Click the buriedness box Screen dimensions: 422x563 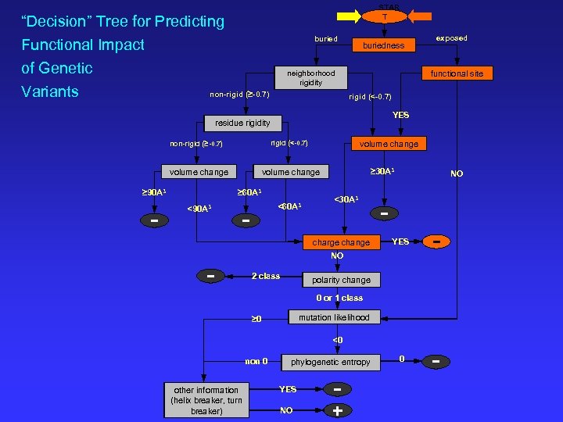383,45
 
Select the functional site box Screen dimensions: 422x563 457,73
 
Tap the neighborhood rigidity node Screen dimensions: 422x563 310,78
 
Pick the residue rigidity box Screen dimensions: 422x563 242,123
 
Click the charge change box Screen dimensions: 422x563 341,242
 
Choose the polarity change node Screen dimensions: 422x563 341,280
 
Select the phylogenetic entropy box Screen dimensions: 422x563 330,362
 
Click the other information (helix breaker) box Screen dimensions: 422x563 206,400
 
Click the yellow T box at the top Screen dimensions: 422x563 384,16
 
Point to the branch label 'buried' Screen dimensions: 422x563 326,38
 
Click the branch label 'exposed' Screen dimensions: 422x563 451,38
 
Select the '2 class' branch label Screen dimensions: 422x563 265,276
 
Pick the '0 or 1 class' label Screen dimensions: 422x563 339,298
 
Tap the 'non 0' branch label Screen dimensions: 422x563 256,361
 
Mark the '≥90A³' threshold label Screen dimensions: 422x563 152,191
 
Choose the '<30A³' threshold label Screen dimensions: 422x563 346,199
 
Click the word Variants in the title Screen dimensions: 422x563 50,91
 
